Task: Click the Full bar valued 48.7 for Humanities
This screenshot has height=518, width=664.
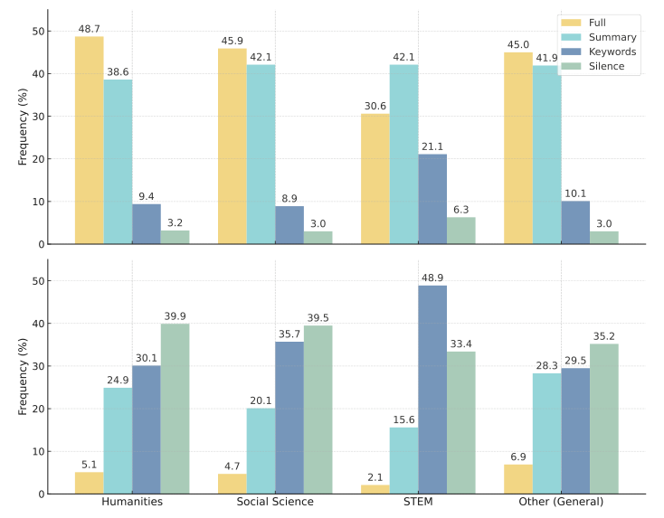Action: (89, 140)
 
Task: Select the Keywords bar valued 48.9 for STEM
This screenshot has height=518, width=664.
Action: (432, 390)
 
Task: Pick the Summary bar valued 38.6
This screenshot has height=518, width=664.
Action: (118, 162)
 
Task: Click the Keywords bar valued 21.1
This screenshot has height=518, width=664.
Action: (432, 199)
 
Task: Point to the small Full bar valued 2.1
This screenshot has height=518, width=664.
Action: (375, 489)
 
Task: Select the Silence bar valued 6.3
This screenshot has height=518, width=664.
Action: (460, 231)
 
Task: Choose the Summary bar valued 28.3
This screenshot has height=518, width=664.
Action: (546, 433)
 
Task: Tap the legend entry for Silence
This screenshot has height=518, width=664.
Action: (606, 66)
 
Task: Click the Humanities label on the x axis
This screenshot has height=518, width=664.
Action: (132, 502)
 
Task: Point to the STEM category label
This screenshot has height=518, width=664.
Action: (418, 502)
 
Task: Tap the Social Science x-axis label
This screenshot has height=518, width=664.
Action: (275, 502)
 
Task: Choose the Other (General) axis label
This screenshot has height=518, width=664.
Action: (561, 502)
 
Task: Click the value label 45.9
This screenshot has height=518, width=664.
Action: (232, 41)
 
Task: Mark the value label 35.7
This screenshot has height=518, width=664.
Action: (289, 334)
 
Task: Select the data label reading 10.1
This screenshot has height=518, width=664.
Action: (575, 193)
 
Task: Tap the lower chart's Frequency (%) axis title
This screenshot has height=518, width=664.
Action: (24, 377)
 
